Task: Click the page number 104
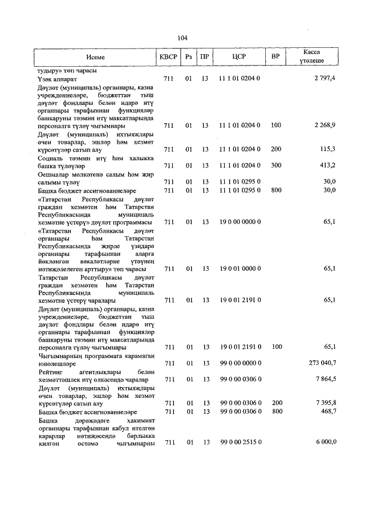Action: (x=182, y=38)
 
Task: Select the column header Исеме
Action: (x=96, y=58)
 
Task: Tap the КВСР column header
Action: (x=168, y=58)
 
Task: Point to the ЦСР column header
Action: (x=240, y=58)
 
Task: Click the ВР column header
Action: (x=276, y=58)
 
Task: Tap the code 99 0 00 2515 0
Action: (x=240, y=442)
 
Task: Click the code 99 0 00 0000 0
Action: (x=240, y=363)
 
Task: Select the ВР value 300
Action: (x=276, y=165)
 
